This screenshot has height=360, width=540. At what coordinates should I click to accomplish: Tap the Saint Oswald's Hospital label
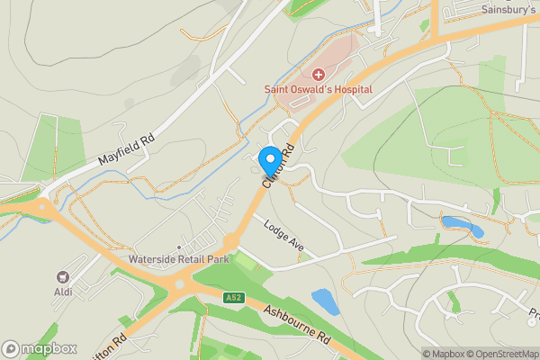tap(319, 88)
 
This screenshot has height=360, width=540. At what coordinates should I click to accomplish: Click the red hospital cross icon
tap(319, 73)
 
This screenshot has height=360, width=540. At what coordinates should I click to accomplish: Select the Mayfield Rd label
tap(127, 150)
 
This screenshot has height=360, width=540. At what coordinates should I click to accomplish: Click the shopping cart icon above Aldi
tap(63, 279)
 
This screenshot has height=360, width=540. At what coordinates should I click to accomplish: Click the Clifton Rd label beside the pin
tap(278, 166)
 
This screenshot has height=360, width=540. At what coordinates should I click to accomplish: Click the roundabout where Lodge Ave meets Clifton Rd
tap(230, 241)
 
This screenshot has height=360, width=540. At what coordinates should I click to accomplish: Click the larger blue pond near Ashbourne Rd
tap(326, 301)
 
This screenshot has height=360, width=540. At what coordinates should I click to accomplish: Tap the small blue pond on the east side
tap(462, 226)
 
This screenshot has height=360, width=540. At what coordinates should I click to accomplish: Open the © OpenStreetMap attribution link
tap(501, 354)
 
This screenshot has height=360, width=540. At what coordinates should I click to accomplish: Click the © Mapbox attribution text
tap(442, 354)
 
